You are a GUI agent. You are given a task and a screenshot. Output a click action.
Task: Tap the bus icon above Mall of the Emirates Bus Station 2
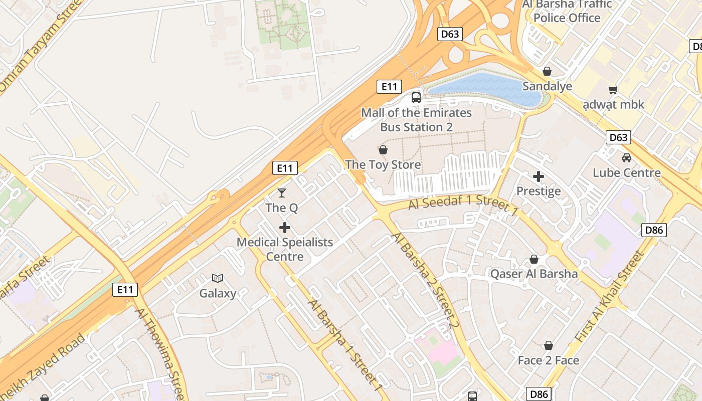point(416,97)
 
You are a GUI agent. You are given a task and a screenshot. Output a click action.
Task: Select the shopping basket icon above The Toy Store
point(383,150)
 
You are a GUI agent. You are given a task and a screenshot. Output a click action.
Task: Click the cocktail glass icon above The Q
point(282,193)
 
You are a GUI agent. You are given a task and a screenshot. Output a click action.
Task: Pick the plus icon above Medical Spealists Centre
point(285,228)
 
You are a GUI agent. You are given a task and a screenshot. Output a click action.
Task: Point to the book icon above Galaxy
point(218,278)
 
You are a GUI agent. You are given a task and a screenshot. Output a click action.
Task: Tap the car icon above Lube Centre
point(627,158)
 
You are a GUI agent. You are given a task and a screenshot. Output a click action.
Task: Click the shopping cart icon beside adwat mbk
point(613,90)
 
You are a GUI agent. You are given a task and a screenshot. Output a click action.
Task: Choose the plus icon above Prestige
point(539,176)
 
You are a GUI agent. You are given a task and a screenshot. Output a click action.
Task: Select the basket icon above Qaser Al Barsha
point(534,259)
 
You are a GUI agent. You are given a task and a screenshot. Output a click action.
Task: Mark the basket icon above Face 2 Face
point(549,345)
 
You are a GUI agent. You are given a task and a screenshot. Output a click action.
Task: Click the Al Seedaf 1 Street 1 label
point(463,206)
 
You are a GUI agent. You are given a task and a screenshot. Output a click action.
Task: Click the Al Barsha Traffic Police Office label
point(567,11)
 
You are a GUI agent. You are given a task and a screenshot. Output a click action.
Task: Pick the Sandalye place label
point(547,86)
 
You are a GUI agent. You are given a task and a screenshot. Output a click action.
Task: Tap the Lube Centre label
point(627,173)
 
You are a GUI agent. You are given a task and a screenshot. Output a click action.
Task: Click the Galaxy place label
point(218,293)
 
